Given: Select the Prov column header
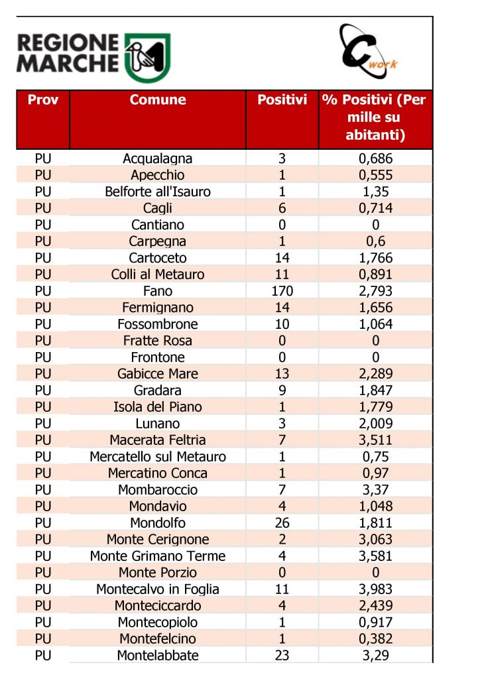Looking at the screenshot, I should (x=43, y=101).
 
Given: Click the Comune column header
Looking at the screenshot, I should (x=158, y=101).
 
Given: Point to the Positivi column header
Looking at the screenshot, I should (x=282, y=101).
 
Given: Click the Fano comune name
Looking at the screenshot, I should (x=158, y=291).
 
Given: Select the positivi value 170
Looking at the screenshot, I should (x=282, y=291).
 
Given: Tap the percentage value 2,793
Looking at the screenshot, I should (x=375, y=291).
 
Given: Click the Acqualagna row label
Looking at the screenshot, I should (x=158, y=158).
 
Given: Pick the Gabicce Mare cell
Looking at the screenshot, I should (x=158, y=374).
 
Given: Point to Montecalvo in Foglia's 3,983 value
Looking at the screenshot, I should (x=375, y=589).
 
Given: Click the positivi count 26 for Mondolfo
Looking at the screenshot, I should (x=282, y=523).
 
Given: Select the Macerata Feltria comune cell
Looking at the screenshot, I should (x=158, y=440).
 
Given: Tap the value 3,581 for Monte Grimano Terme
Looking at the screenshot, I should (x=375, y=556).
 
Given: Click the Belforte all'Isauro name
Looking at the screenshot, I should (x=158, y=192).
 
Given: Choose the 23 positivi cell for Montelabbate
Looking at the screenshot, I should (x=282, y=656).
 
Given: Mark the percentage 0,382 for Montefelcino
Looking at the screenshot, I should (x=375, y=639).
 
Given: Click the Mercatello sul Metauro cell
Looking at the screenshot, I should (x=158, y=457).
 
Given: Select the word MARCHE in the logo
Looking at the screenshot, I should (x=68, y=64).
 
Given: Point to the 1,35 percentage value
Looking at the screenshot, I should (x=375, y=192).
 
